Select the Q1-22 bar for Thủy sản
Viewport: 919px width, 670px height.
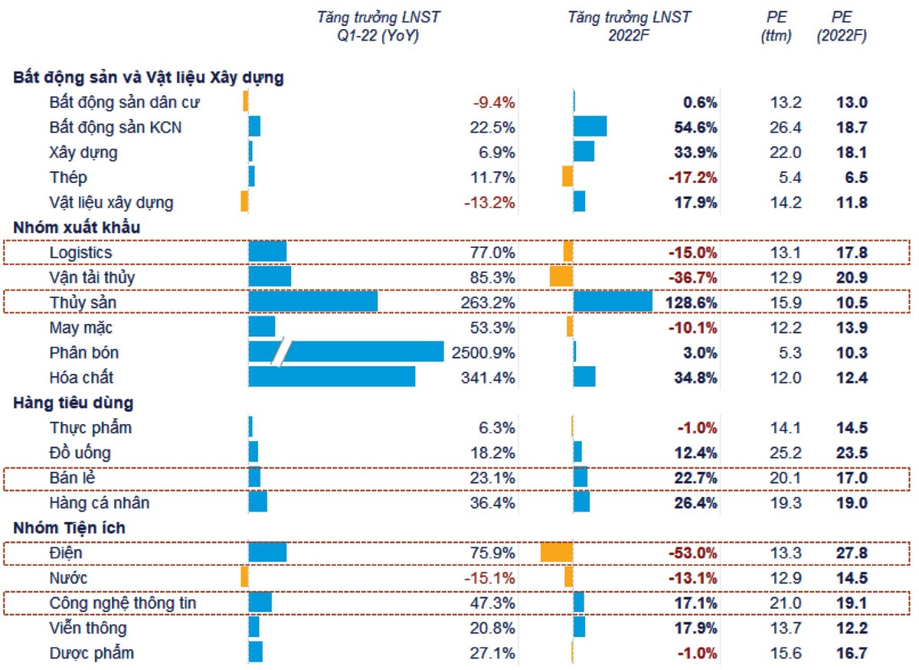313,302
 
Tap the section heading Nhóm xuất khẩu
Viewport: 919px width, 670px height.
77,227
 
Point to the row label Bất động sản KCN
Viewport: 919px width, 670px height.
116,127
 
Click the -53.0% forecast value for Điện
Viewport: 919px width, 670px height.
692,553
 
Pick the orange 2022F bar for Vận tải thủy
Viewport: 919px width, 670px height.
561,277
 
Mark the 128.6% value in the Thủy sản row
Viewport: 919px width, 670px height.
692,302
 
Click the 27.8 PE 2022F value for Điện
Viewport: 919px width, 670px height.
852,553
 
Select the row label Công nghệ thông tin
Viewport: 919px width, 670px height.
123,603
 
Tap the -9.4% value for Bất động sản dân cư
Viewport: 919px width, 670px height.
495,102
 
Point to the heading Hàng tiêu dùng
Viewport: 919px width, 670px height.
74,403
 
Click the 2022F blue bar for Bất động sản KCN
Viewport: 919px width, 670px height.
590,127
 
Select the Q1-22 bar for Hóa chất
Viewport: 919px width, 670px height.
332,377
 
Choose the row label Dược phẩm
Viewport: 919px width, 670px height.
91,653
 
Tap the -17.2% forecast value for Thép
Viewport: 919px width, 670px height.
692,178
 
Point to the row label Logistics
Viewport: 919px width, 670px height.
80,253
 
